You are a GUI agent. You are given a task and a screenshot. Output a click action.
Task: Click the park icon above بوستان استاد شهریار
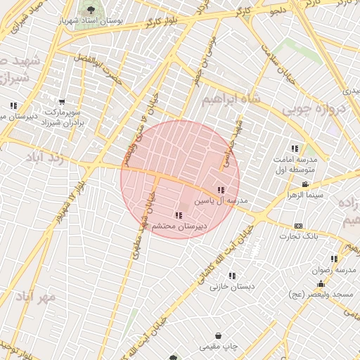point(90,10)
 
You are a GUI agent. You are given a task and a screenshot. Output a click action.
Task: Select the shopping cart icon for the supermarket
point(63,103)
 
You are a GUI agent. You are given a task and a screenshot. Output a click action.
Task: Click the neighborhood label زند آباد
point(44,156)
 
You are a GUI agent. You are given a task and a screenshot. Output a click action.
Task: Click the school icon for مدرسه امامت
point(295,148)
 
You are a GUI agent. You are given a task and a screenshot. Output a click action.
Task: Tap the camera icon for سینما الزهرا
point(304,184)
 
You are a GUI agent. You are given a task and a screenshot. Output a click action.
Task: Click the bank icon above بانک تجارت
point(299,226)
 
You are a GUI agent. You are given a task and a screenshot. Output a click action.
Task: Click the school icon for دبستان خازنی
point(232,276)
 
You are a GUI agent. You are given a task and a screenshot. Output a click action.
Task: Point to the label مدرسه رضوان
point(337,270)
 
